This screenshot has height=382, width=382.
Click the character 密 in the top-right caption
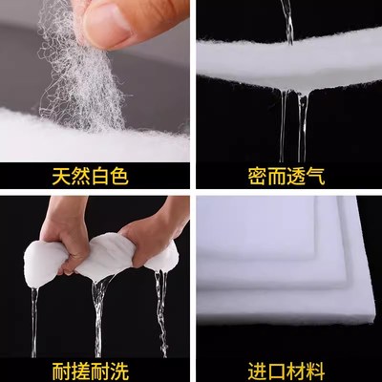tap(251, 176)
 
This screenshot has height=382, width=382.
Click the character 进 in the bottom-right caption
tap(251, 367)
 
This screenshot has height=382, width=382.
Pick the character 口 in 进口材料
tap(276, 367)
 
